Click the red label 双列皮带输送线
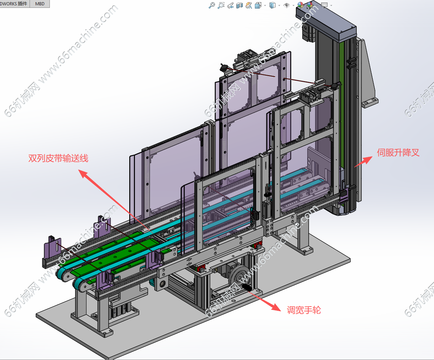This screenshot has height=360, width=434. pos(58,158)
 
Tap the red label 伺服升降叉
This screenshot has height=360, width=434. pos(398,153)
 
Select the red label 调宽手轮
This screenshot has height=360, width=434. pos(304,310)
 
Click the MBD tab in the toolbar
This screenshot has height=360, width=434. pos(40,4)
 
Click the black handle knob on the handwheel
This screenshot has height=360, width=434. pos(247,288)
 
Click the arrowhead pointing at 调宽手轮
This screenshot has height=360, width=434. pos(276,307)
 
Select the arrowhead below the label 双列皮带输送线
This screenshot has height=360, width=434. pos(83,174)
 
